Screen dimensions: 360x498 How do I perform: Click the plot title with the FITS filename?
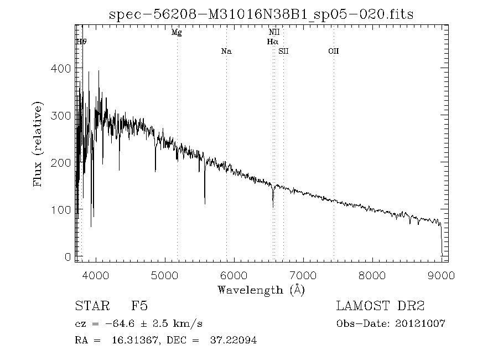click(262, 14)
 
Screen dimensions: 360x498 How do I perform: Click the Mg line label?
click(177, 33)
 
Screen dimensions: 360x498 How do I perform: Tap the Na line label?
click(226, 52)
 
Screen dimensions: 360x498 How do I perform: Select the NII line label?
click(274, 33)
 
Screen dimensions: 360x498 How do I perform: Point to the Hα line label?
click(272, 42)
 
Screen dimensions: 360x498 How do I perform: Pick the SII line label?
click(283, 52)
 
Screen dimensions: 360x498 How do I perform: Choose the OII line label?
click(333, 52)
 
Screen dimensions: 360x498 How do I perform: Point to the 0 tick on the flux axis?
click(68, 257)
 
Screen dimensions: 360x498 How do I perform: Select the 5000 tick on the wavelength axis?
click(165, 275)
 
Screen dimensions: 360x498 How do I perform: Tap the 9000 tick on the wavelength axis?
click(442, 275)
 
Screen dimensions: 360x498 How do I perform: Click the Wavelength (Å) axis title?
click(261, 290)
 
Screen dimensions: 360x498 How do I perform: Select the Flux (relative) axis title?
click(38, 143)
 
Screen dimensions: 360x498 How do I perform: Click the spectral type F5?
click(139, 306)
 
